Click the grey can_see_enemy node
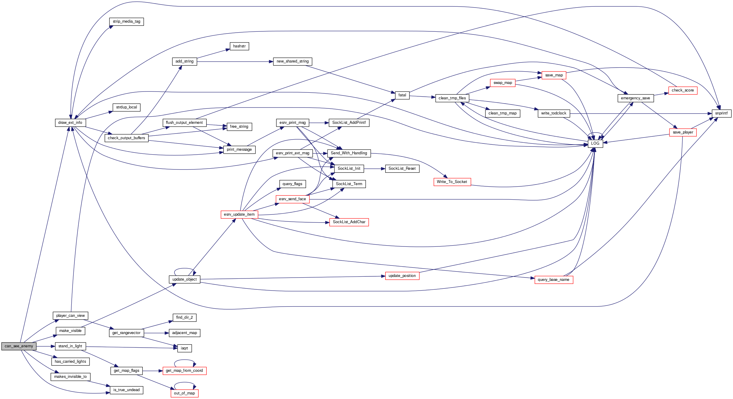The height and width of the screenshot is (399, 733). (19, 346)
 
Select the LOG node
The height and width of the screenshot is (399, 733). (595, 143)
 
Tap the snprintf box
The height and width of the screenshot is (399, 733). (721, 113)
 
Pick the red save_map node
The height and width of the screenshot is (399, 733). (554, 75)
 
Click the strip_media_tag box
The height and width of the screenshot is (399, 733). (126, 21)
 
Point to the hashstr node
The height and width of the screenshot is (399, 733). (239, 46)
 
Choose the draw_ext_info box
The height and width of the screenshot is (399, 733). (70, 123)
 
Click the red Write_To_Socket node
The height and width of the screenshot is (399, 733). (452, 182)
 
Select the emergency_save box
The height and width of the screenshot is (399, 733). (635, 98)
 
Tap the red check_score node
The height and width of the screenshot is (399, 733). (683, 90)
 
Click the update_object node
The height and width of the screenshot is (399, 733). (184, 279)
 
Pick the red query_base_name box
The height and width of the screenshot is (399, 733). (553, 280)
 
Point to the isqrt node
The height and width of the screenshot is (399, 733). (184, 348)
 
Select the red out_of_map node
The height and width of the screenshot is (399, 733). (184, 393)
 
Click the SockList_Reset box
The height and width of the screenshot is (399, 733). (402, 169)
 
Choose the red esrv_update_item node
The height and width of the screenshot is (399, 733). (239, 214)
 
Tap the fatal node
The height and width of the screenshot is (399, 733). (402, 95)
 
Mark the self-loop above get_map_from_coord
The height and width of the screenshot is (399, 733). (184, 360)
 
